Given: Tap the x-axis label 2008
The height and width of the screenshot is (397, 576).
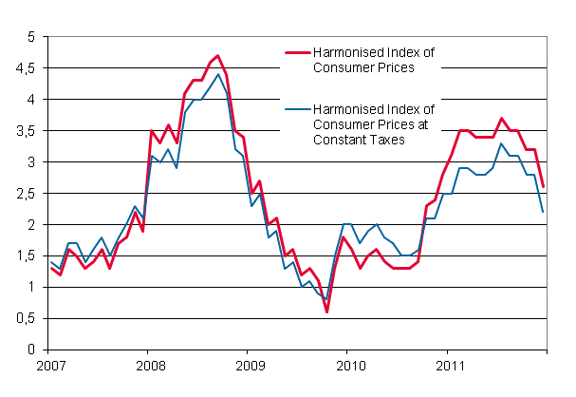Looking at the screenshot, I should point(150,367).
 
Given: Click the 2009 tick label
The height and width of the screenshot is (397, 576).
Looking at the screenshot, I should point(251,367).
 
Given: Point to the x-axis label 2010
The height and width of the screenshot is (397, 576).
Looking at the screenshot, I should point(351,367).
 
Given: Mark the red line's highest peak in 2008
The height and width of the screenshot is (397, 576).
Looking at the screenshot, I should point(217,55).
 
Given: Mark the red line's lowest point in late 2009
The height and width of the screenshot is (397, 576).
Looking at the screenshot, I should point(326,312).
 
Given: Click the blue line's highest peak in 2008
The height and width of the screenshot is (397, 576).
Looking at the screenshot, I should point(217,74).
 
